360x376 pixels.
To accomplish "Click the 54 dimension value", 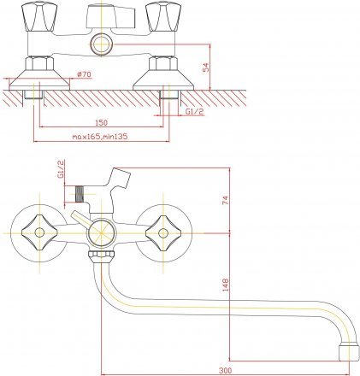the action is (x=206, y=68).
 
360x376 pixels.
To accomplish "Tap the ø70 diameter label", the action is (x=84, y=74).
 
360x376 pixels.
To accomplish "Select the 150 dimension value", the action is (x=102, y=122).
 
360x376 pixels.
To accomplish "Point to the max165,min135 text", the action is (x=100, y=137).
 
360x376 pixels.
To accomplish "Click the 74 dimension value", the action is (x=226, y=200).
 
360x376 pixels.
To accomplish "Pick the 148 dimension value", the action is (x=226, y=285).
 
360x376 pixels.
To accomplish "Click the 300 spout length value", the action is (x=226, y=371).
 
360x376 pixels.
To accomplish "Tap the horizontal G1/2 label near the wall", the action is (x=195, y=112).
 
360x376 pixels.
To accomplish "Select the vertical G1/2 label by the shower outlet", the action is (x=61, y=169).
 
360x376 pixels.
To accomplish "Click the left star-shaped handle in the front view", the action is (x=39, y=232).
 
